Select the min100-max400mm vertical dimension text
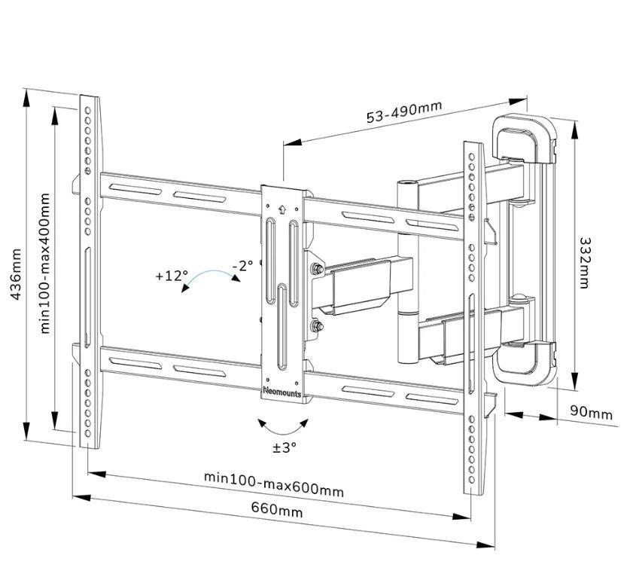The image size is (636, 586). point(44,263)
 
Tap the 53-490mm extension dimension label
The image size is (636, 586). point(403,111)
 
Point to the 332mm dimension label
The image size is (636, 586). point(585,263)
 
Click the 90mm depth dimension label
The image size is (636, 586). point(591,414)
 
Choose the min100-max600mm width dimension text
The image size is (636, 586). point(274,484)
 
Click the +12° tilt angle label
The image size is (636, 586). point(171,276)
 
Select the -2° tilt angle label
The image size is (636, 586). point(242,266)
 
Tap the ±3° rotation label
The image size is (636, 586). point(285,447)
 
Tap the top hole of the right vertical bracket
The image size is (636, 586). point(471,157)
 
